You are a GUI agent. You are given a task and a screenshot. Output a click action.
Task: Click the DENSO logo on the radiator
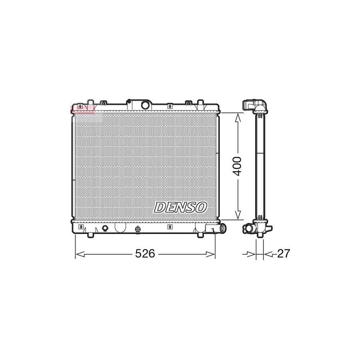tap(180, 207)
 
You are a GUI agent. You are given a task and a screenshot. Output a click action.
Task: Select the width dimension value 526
tap(144, 254)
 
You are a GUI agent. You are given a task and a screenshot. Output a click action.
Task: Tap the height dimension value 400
tap(238, 166)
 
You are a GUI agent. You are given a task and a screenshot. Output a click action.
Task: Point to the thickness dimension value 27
tap(283, 254)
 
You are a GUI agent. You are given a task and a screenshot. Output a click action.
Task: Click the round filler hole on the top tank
tap(146, 105)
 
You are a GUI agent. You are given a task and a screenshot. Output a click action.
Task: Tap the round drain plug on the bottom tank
tap(105, 228)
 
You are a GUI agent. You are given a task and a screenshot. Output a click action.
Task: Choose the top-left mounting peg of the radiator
tap(89, 102)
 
